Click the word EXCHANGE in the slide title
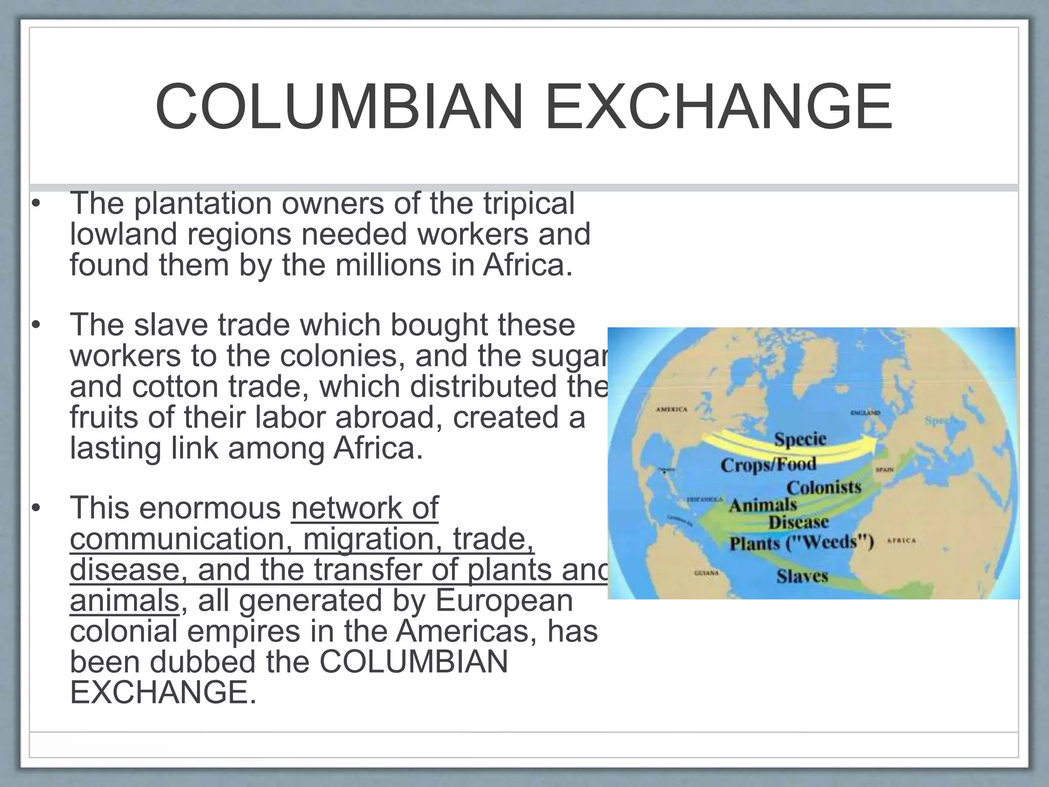(718, 107)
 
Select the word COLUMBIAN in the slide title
(339, 107)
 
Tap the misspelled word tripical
(529, 203)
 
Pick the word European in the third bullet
(504, 600)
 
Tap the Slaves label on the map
(802, 576)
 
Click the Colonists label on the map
(824, 487)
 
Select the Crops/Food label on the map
(768, 465)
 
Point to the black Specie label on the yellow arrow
(800, 439)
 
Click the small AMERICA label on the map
(672, 409)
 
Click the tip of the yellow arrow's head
(877, 444)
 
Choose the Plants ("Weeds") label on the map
(801, 543)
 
